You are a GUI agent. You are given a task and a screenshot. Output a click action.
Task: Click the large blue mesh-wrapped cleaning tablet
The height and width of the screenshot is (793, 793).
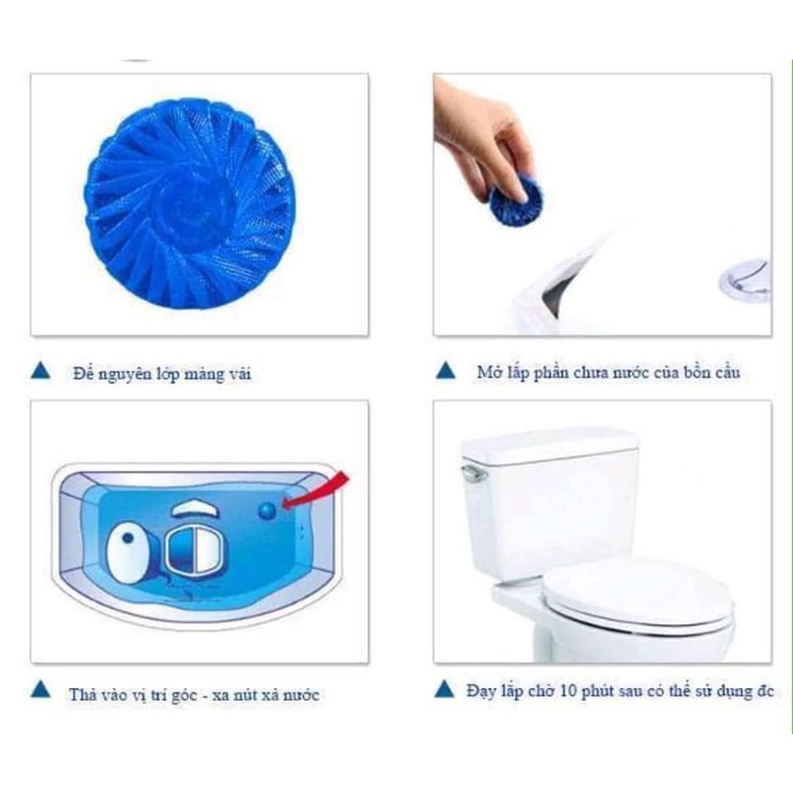pyautogui.click(x=189, y=203)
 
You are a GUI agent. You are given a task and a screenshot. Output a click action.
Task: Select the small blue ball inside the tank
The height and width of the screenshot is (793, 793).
pyautogui.click(x=267, y=511)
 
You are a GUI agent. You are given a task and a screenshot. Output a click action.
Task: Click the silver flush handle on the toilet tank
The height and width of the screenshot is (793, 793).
pyautogui.click(x=474, y=472)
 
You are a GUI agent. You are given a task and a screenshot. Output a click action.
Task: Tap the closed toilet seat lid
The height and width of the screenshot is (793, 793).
pyautogui.click(x=638, y=595)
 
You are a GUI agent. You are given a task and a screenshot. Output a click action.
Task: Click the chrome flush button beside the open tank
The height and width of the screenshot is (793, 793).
pyautogui.click(x=744, y=280)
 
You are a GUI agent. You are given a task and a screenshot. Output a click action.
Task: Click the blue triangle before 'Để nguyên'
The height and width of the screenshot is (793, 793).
pyautogui.click(x=41, y=370)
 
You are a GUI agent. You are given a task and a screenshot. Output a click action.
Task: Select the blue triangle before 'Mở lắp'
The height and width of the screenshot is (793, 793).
pyautogui.click(x=446, y=370)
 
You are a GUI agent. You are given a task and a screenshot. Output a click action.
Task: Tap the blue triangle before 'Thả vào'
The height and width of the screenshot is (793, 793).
pyautogui.click(x=41, y=690)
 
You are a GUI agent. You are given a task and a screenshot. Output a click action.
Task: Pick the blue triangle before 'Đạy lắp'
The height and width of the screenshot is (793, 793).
pyautogui.click(x=445, y=689)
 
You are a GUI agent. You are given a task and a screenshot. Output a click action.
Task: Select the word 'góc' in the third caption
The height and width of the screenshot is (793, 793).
pyautogui.click(x=184, y=696)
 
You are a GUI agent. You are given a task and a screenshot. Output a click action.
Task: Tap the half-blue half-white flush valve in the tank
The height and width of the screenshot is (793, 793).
pyautogui.click(x=195, y=547)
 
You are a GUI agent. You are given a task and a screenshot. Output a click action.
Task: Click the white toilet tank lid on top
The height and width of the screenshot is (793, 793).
pyautogui.click(x=549, y=446)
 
